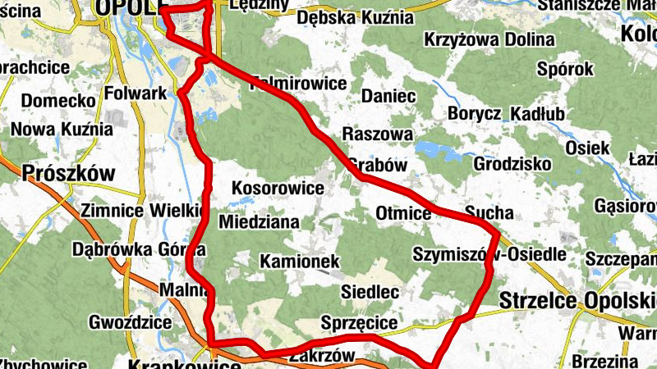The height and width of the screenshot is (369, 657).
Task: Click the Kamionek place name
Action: pyautogui.click(x=300, y=262)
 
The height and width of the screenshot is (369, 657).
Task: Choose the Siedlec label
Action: pyautogui.click(x=370, y=291)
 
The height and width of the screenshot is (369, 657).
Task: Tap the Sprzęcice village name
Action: pyautogui.click(x=361, y=322)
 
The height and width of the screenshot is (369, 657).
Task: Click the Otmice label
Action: pyautogui.click(x=403, y=215)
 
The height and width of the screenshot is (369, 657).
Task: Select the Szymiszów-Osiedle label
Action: pyautogui.click(x=489, y=253)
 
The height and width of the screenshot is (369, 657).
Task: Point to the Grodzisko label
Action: pyautogui.click(x=512, y=164)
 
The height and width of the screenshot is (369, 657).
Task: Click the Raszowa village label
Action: pyautogui.click(x=377, y=134)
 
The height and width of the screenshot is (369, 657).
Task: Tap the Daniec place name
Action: pyautogui.click(x=388, y=96)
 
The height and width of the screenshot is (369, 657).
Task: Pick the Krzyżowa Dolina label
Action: pyautogui.click(x=484, y=39)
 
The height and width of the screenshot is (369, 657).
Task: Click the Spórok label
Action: pyautogui.click(x=566, y=70)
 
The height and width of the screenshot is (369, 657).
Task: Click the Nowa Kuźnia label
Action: pyautogui.click(x=62, y=129)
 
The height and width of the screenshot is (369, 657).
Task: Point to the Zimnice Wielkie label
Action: pyautogui.click(x=141, y=211)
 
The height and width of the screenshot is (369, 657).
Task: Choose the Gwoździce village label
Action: pyautogui.click(x=128, y=321)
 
